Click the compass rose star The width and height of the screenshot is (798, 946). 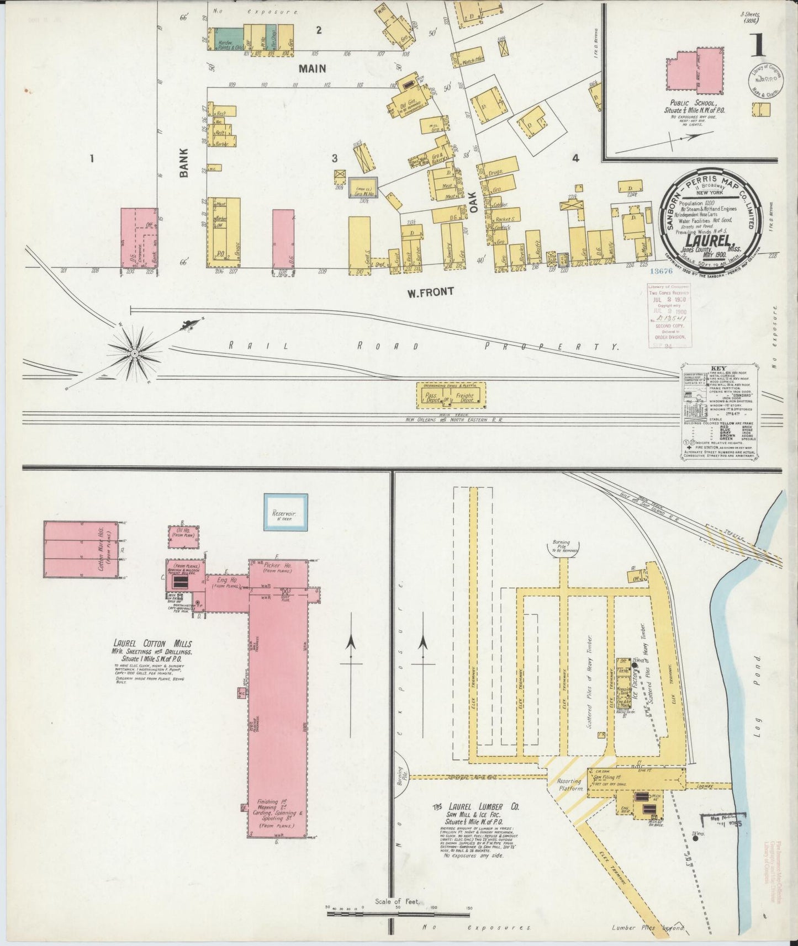pos(134,352)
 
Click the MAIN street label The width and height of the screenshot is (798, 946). pos(312,68)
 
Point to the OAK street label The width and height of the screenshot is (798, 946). pos(472,205)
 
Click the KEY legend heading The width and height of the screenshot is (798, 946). pos(720,369)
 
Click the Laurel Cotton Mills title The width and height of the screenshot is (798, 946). pos(152,644)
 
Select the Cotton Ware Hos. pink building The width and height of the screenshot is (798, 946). pos(81,550)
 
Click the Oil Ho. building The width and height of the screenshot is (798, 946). pos(184,536)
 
